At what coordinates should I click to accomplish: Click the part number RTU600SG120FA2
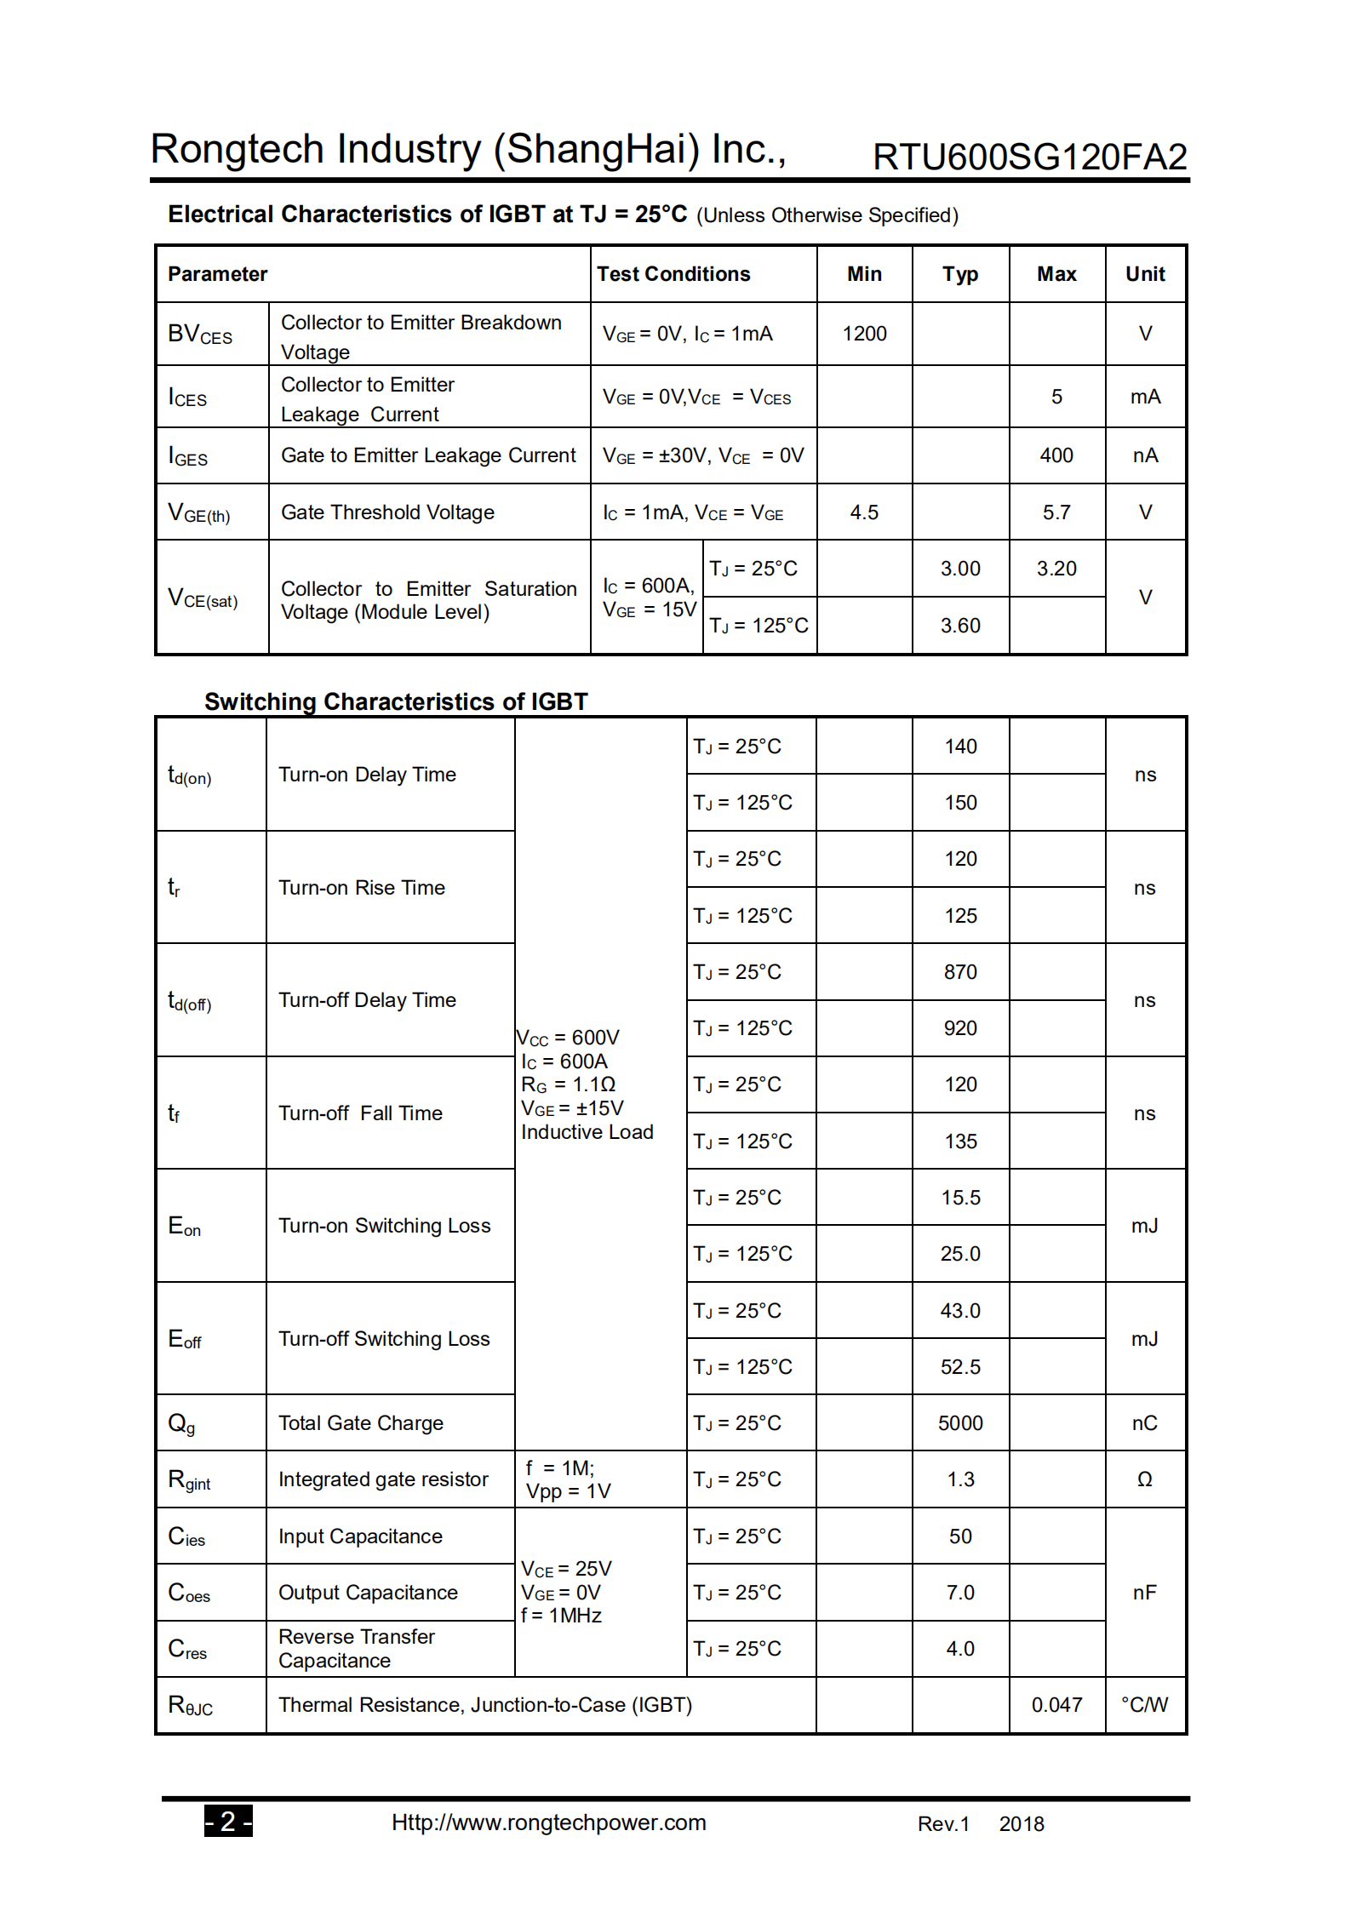(x=1029, y=157)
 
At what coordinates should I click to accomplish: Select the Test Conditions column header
(x=673, y=274)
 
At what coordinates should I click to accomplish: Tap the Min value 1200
(x=864, y=334)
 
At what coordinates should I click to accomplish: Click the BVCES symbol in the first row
(x=200, y=334)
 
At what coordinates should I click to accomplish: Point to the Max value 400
(x=1056, y=455)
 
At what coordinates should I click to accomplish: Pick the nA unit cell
(x=1145, y=455)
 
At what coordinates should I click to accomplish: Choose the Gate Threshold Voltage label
(x=387, y=512)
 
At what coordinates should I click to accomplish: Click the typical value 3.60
(x=960, y=626)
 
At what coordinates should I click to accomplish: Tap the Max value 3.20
(x=1056, y=569)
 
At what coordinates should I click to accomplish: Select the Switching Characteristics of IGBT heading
(x=396, y=701)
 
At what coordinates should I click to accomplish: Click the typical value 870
(x=960, y=972)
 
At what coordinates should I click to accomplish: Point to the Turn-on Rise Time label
(x=362, y=888)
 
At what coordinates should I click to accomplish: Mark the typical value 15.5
(x=960, y=1198)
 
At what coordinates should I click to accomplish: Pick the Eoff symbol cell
(x=185, y=1339)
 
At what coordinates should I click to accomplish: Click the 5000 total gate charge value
(x=960, y=1423)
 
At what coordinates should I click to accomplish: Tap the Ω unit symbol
(x=1145, y=1479)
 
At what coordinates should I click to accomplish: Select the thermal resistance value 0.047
(x=1056, y=1705)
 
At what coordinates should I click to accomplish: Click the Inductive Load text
(x=587, y=1132)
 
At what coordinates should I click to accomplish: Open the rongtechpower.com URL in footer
(x=548, y=1822)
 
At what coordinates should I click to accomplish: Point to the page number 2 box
(x=228, y=1821)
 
